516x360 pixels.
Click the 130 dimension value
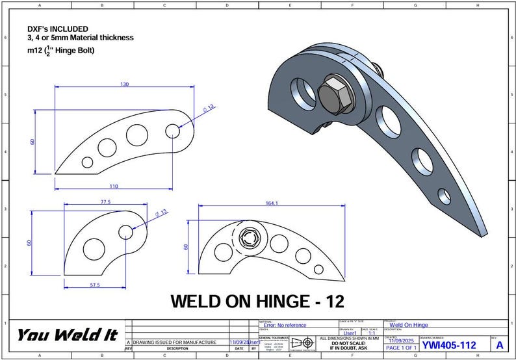coord(125,84)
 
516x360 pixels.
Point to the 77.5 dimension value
coord(105,202)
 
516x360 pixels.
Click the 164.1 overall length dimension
coord(272,203)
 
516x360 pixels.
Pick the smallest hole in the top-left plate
coord(86,162)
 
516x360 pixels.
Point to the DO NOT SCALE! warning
coord(349,343)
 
